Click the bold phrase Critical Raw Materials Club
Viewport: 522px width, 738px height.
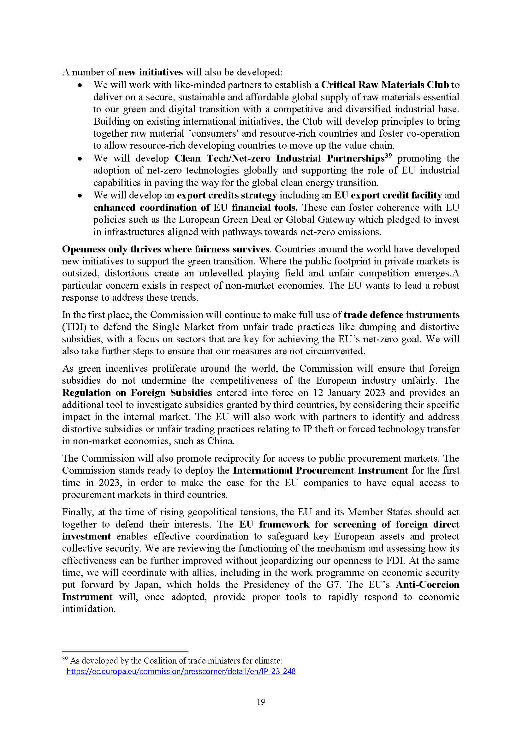(x=385, y=85)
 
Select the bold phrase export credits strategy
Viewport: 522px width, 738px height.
(x=227, y=195)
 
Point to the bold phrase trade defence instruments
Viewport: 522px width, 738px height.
(x=401, y=315)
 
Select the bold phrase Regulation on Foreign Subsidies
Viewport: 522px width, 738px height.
(x=137, y=393)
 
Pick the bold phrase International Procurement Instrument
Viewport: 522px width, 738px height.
(x=320, y=470)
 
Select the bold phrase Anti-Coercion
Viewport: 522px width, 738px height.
(x=427, y=585)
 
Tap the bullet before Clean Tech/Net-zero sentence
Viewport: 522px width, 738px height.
(x=80, y=159)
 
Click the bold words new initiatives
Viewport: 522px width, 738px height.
(x=151, y=72)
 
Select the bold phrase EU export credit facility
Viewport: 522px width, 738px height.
(x=388, y=195)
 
